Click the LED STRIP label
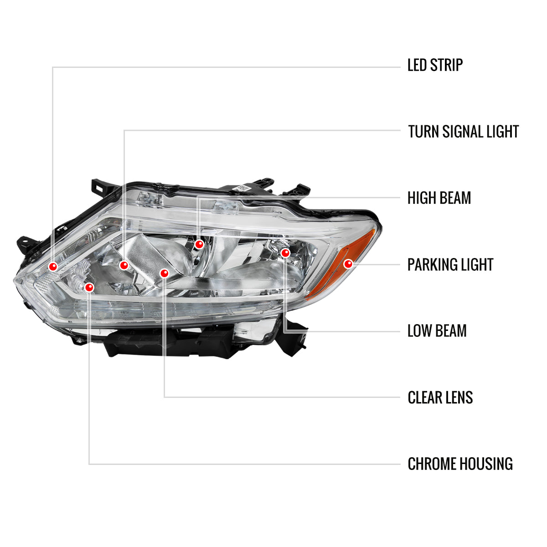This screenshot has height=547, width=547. pos(435,65)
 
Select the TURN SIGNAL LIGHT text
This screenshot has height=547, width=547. pos(463,132)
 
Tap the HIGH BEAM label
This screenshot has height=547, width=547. pos(439,198)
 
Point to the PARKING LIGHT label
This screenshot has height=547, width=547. pos(450,265)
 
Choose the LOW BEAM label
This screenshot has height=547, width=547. pos(437,331)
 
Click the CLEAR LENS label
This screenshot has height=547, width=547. pos(440,398)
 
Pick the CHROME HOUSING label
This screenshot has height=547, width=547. pos(460,464)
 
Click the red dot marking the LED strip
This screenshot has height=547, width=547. pos(53,266)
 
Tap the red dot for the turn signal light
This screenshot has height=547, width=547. pos(124,265)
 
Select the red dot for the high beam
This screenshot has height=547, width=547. pos(199,245)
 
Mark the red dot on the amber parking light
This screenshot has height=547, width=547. pos(349,263)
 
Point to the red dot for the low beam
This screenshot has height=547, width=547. pos(285,253)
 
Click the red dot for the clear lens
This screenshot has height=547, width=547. pos(165,273)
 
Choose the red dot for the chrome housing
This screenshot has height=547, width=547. pos(89,287)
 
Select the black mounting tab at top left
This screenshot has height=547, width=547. pos(100,186)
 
